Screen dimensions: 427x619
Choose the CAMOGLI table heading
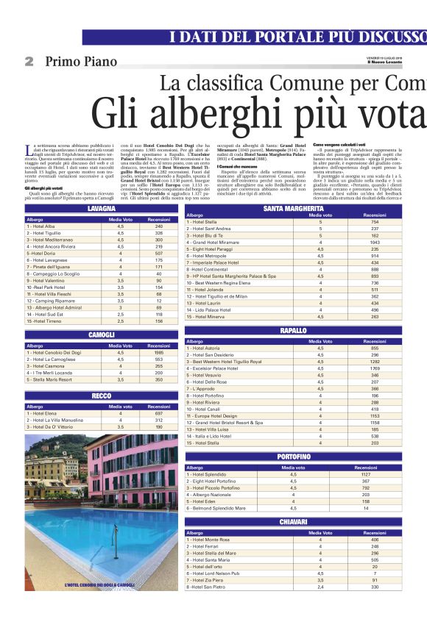101,334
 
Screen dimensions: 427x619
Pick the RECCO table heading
101,396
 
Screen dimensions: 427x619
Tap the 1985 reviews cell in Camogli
158,352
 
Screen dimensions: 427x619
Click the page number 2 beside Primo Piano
29,62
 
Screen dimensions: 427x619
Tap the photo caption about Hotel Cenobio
100,585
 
